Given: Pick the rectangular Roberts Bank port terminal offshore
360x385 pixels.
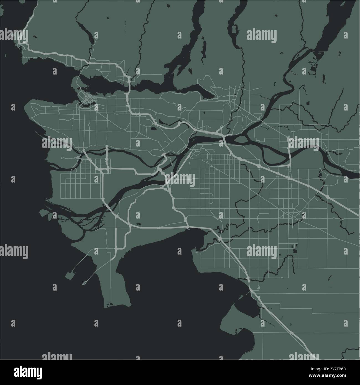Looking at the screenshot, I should point(70,276).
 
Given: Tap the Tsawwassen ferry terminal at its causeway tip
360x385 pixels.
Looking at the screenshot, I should point(84,283).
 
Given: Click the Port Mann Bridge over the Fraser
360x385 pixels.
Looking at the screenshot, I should point(223,136).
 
